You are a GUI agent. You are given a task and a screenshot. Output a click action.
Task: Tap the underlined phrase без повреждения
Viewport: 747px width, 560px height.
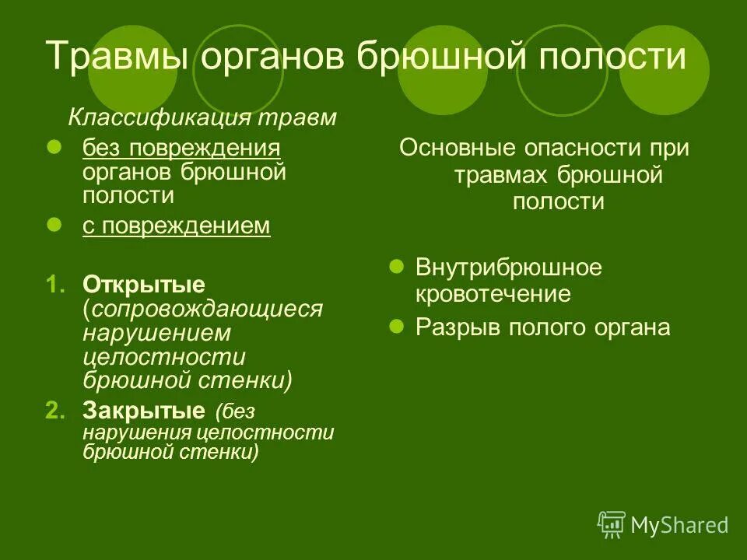pos(181,147)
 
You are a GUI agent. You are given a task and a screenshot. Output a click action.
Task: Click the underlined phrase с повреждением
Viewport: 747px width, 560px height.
pos(177,226)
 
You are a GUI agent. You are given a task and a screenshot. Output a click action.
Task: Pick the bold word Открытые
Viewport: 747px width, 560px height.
pos(144,283)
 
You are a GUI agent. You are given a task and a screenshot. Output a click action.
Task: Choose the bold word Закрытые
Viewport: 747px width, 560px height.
pos(144,410)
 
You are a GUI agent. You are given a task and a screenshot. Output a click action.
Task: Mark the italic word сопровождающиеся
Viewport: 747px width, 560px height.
pos(205,308)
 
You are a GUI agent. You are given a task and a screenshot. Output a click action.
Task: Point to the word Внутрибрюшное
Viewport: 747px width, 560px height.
pos(509,268)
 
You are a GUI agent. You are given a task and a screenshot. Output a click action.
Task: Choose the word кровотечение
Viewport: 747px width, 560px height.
pos(493,294)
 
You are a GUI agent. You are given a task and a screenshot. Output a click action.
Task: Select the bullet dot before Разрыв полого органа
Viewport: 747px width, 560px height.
pos(395,326)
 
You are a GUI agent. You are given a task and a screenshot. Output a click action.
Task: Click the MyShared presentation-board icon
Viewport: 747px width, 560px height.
pos(612,525)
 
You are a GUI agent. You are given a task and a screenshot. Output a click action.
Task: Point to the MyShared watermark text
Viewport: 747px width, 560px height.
pos(679,526)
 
